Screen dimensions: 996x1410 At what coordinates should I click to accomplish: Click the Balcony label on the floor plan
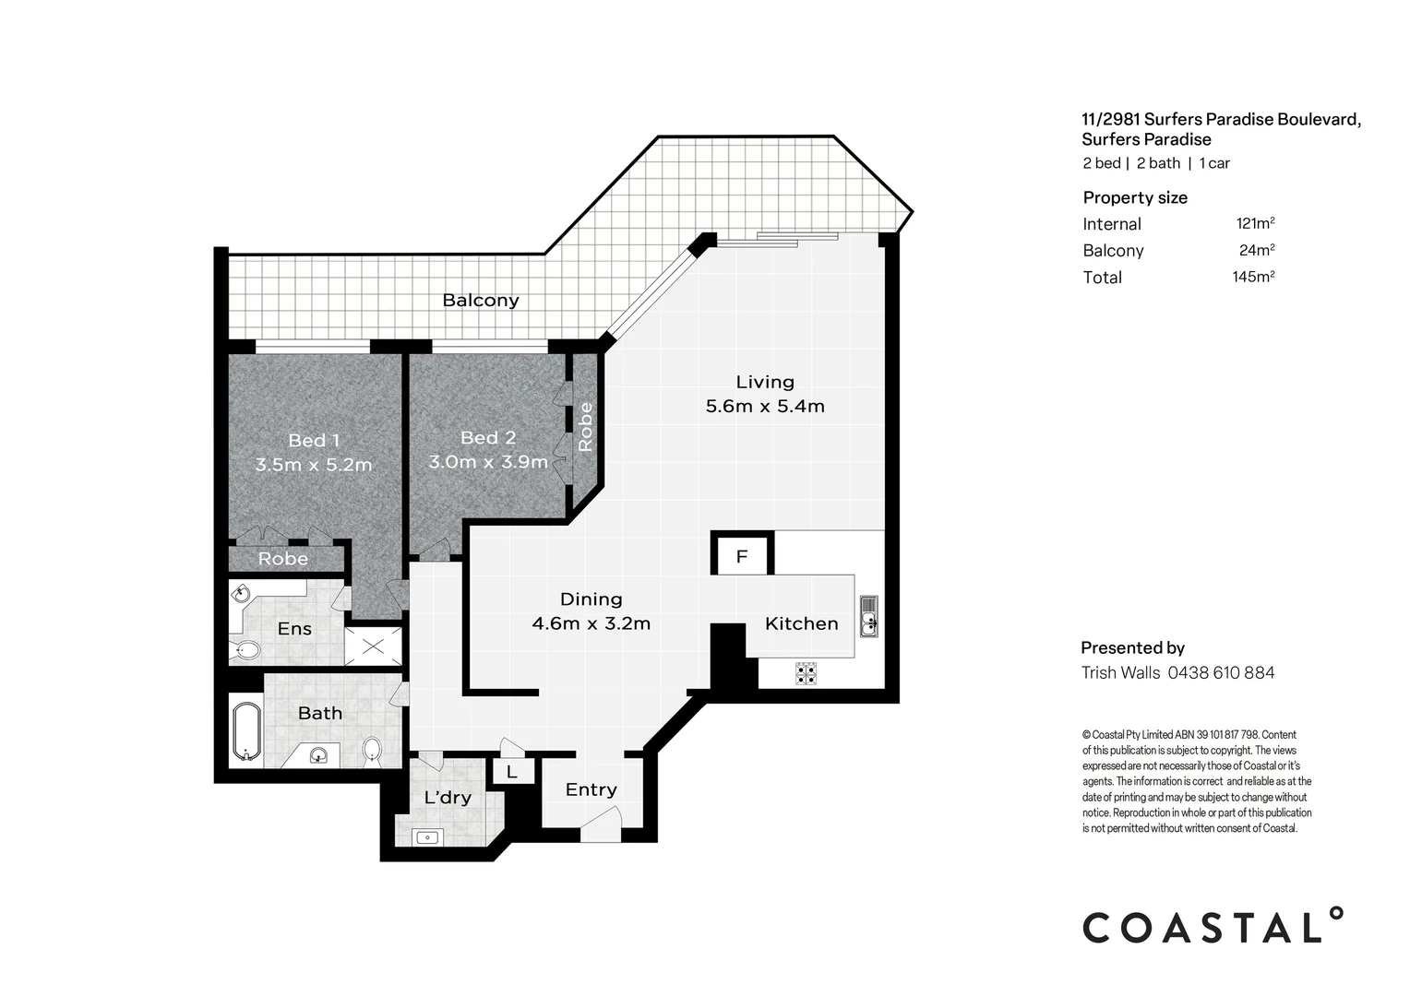pyautogui.click(x=480, y=300)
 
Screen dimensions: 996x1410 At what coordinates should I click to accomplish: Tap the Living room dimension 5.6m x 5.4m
pyautogui.click(x=764, y=406)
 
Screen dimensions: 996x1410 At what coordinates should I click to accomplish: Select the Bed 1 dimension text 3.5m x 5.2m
pyautogui.click(x=314, y=465)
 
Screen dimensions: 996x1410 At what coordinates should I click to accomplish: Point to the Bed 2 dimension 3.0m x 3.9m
pyautogui.click(x=488, y=461)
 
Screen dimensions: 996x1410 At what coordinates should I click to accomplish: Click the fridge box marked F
pyautogui.click(x=741, y=556)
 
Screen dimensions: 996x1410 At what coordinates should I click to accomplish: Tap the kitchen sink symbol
pyautogui.click(x=868, y=616)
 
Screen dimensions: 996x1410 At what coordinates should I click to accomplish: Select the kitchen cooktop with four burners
pyautogui.click(x=806, y=673)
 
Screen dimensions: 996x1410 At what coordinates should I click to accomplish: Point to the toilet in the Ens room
pyautogui.click(x=245, y=650)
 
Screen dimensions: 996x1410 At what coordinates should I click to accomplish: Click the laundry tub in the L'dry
pyautogui.click(x=427, y=837)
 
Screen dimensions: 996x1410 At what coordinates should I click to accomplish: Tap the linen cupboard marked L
pyautogui.click(x=512, y=771)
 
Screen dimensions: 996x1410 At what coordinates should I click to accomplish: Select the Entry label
pyautogui.click(x=591, y=789)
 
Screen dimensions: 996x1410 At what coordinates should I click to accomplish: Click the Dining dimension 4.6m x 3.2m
pyautogui.click(x=591, y=623)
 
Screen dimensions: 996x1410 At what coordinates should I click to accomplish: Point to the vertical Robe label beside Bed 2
pyautogui.click(x=585, y=426)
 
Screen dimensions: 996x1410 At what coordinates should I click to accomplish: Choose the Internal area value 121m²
pyautogui.click(x=1255, y=223)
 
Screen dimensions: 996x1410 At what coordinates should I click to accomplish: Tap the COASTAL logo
pyautogui.click(x=1212, y=926)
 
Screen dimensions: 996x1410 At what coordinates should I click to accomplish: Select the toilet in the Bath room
pyautogui.click(x=372, y=749)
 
